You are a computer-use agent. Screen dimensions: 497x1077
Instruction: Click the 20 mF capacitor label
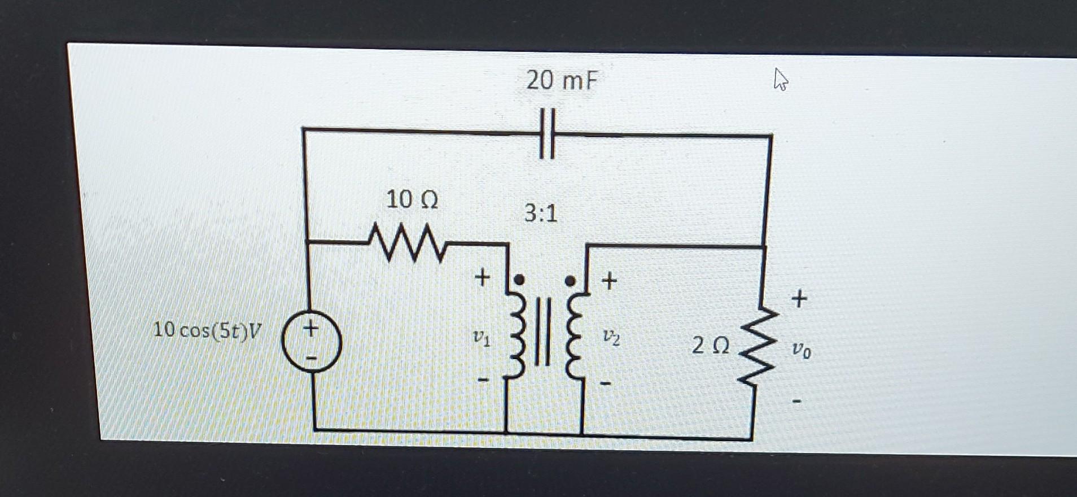[x=561, y=80]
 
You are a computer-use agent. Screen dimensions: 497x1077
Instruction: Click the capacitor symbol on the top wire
[x=547, y=134]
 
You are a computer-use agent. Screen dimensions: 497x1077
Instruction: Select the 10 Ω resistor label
[x=411, y=199]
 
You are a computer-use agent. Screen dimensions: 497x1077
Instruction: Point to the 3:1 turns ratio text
[x=540, y=213]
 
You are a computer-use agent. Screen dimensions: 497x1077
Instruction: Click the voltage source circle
[x=311, y=342]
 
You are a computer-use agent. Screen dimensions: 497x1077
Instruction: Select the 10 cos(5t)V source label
[x=207, y=330]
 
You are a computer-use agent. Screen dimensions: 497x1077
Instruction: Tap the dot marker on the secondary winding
[x=570, y=280]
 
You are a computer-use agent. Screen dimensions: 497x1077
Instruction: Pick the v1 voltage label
[x=481, y=338]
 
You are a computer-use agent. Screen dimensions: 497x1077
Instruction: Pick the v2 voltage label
[x=611, y=337]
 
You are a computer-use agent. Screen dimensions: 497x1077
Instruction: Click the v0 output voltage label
[x=800, y=351]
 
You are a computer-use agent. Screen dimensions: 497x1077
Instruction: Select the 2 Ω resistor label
[x=710, y=345]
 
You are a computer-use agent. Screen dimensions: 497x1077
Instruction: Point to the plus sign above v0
[x=799, y=298]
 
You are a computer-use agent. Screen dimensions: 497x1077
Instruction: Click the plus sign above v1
[x=481, y=277]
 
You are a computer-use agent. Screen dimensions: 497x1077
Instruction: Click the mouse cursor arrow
[x=781, y=79]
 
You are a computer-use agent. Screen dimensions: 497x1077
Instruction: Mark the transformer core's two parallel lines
[x=542, y=332]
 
